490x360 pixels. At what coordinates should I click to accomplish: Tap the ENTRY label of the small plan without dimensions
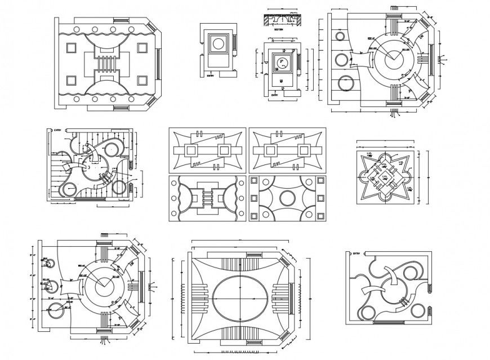click(211, 74)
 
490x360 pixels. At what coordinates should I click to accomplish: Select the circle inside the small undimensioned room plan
click(217, 44)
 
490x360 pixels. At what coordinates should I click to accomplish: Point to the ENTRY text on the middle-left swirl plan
click(57, 130)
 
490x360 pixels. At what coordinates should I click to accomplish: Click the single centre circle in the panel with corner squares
click(287, 198)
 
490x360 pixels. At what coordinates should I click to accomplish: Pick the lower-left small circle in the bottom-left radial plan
click(56, 309)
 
